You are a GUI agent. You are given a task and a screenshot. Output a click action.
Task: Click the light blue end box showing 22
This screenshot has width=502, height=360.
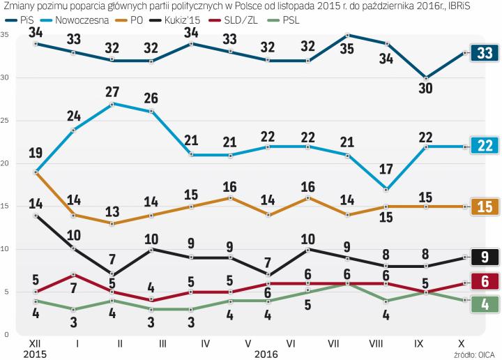483,145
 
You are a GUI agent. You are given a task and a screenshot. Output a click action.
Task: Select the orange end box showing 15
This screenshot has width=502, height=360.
483,206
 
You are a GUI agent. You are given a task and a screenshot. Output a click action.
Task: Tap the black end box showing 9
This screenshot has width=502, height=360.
483,257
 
